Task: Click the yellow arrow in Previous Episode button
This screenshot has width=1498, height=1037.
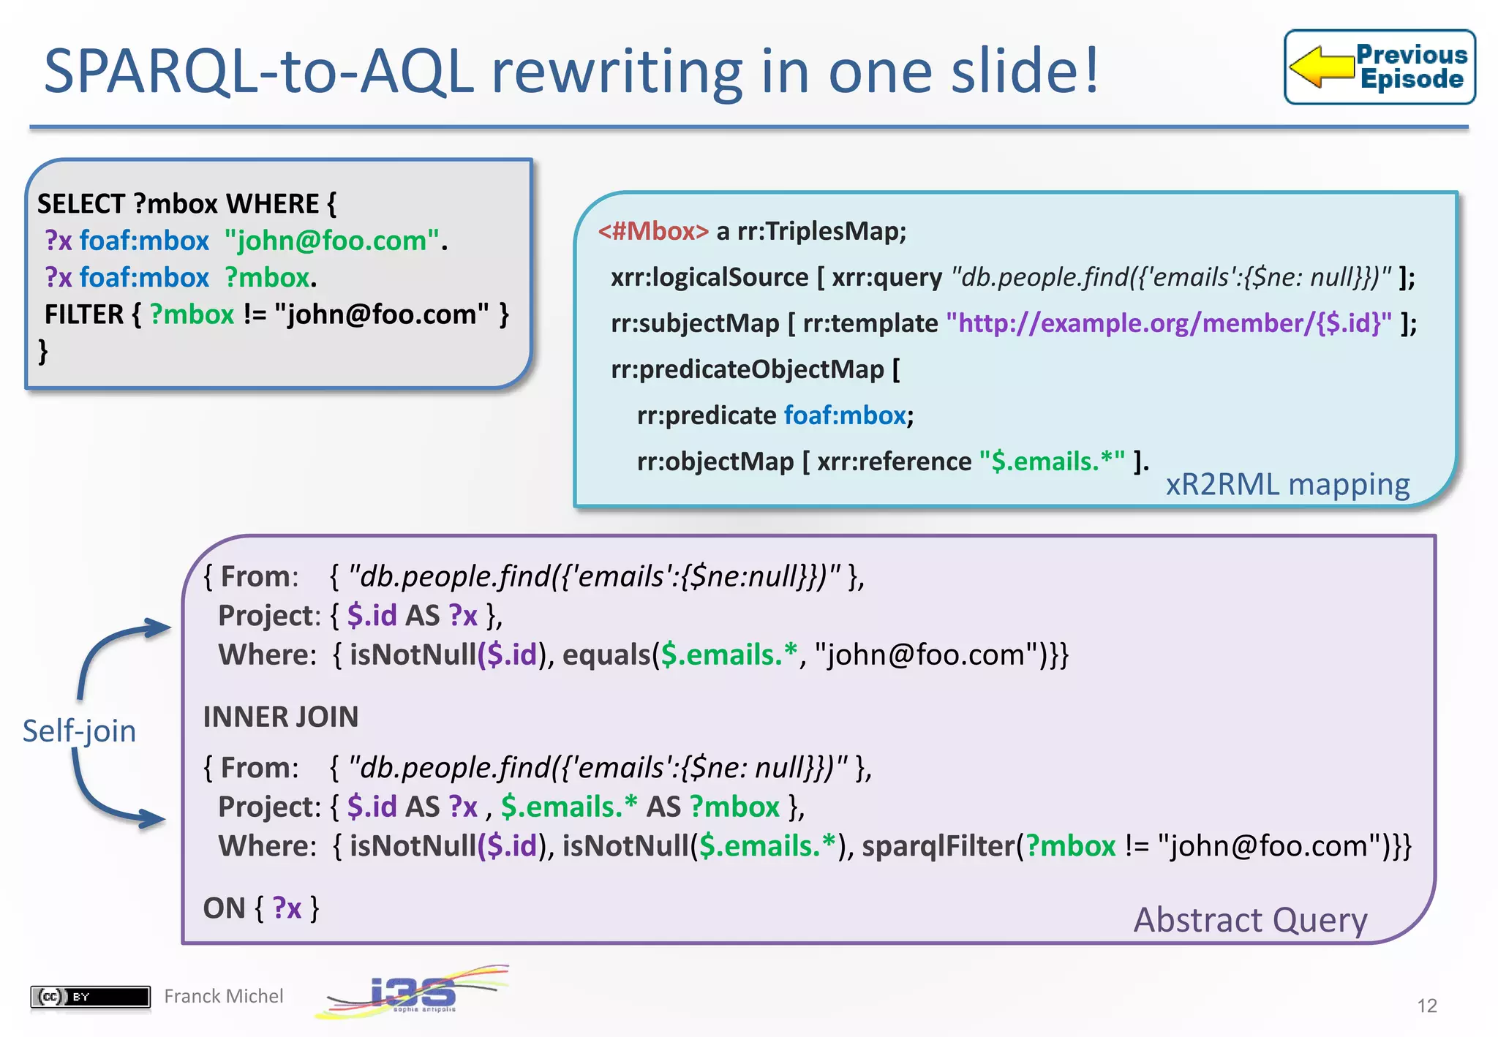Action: [x=1321, y=67]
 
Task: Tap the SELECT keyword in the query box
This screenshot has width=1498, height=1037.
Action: [x=81, y=204]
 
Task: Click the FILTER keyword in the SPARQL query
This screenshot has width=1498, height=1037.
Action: [x=84, y=314]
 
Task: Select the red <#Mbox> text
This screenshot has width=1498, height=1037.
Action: [x=653, y=231]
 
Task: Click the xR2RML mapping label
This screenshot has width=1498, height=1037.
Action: [x=1287, y=485]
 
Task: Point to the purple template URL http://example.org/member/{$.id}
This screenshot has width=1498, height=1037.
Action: [x=1168, y=323]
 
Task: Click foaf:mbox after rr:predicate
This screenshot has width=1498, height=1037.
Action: [x=845, y=415]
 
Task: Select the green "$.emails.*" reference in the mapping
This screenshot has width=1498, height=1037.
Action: [x=1052, y=461]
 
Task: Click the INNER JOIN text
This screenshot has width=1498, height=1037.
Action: [x=281, y=717]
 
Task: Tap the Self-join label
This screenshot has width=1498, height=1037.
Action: [x=79, y=731]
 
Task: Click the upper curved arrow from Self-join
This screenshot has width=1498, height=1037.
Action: [x=110, y=647]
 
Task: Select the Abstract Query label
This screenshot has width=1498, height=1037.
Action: [x=1250, y=919]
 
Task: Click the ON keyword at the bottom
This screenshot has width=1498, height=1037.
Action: [x=224, y=908]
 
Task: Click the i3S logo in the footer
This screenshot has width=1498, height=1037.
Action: [x=413, y=992]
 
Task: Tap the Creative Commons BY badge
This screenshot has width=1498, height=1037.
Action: [x=90, y=996]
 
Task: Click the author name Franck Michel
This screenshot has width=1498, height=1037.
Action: [x=223, y=996]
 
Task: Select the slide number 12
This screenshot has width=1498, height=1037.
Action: [x=1426, y=1006]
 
